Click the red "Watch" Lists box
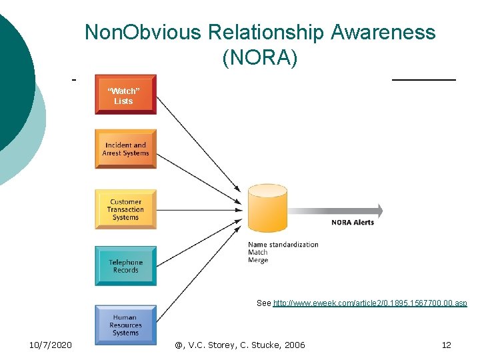tap(125, 95)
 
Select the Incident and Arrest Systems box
tap(125, 149)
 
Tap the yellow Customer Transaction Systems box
tap(125, 209)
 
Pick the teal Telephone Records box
tap(125, 266)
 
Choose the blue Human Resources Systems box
tap(125, 325)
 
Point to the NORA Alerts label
tap(353, 223)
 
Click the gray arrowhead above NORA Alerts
tap(379, 211)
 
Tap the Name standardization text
tap(283, 245)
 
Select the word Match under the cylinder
tap(257, 253)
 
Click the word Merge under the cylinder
tap(258, 260)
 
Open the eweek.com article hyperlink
tap(370, 303)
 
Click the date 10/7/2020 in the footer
tap(51, 345)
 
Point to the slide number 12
tap(446, 345)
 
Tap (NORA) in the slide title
tap(260, 58)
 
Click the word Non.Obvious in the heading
tap(143, 32)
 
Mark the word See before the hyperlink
tap(263, 303)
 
